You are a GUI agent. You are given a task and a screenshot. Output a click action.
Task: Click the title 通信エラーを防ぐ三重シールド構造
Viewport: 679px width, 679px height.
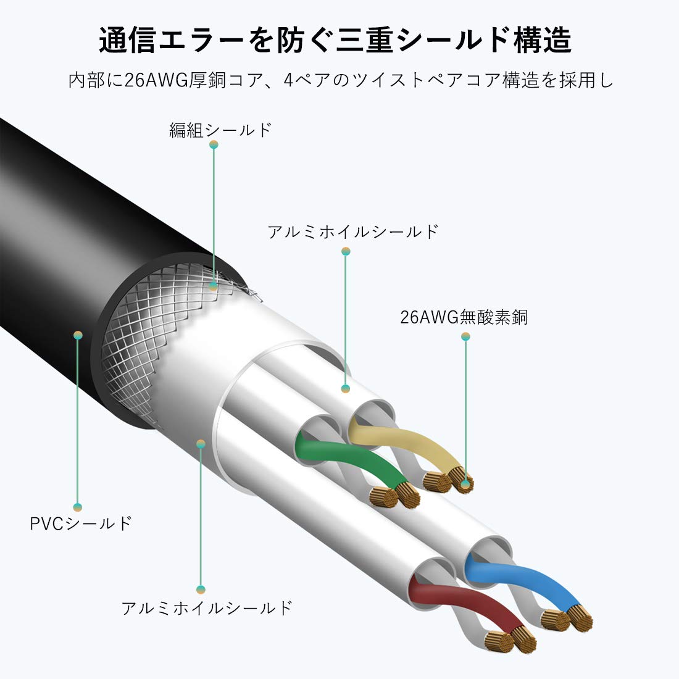tap(335, 41)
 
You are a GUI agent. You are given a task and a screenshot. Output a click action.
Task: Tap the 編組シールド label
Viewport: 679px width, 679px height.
tap(220, 130)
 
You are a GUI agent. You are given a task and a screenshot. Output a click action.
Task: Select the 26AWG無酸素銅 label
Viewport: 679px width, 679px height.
tap(464, 318)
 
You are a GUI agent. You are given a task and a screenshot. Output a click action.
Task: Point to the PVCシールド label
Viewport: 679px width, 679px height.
tap(81, 523)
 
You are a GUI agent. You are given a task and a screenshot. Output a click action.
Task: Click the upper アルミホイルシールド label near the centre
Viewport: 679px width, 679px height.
tap(353, 232)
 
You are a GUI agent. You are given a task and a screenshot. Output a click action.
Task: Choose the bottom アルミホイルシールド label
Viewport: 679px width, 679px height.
tap(207, 608)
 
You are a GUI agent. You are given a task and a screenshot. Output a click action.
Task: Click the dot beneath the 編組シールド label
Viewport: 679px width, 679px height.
tap(214, 144)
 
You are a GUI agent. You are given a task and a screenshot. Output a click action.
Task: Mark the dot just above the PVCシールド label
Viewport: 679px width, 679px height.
tap(78, 507)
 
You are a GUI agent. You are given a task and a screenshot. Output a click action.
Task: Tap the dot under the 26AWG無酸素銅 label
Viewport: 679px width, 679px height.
tap(465, 336)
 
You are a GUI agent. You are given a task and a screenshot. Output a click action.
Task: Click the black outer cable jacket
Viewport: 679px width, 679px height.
tap(74, 247)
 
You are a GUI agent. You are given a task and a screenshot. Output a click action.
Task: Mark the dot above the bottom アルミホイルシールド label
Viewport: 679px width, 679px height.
tap(201, 589)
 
